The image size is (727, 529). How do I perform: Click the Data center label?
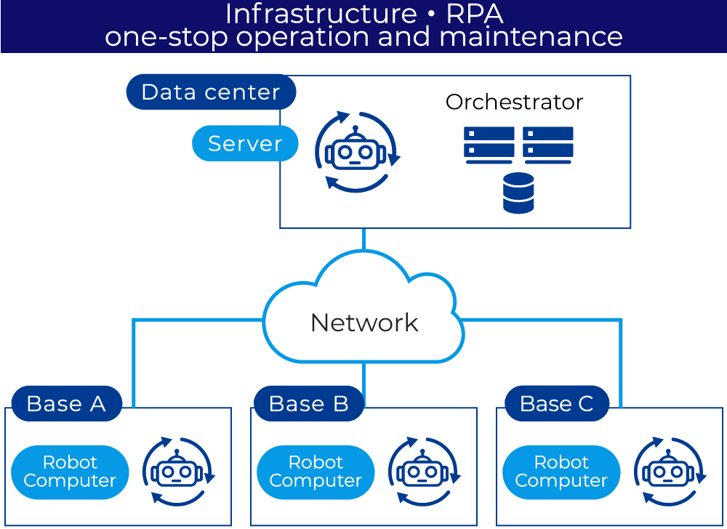click(x=211, y=92)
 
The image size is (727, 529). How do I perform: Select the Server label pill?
click(x=245, y=143)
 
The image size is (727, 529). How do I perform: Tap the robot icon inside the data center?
click(x=356, y=153)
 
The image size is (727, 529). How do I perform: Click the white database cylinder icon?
click(x=518, y=193)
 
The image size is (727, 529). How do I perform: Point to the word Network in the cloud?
click(x=364, y=323)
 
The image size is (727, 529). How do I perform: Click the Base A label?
click(x=66, y=404)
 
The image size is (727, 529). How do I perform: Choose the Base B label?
click(x=308, y=404)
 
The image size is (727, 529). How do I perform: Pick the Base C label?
click(x=557, y=404)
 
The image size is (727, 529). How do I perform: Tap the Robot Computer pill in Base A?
click(x=70, y=472)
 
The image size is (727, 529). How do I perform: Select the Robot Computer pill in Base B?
click(x=316, y=472)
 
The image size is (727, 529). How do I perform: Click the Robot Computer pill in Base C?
click(x=561, y=472)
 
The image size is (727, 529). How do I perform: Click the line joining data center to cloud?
click(x=363, y=240)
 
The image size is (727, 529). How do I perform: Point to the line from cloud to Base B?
click(x=363, y=374)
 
